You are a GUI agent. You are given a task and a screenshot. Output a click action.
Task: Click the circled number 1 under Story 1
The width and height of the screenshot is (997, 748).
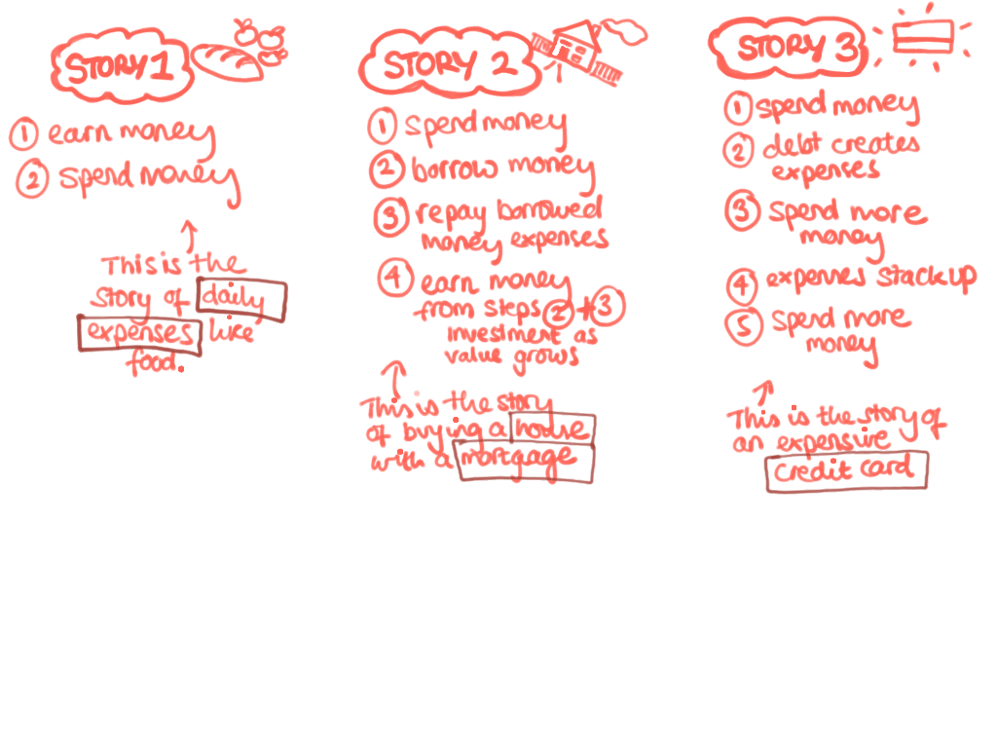pyautogui.click(x=23, y=134)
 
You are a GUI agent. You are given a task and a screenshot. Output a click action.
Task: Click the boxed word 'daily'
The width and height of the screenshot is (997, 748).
pyautogui.click(x=241, y=301)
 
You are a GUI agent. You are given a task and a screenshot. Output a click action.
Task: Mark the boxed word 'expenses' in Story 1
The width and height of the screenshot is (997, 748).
pyautogui.click(x=140, y=334)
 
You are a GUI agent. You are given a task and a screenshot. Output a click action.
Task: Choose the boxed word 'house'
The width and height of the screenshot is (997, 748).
pyautogui.click(x=553, y=429)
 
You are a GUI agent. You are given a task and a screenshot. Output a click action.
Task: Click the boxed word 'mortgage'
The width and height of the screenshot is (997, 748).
pyautogui.click(x=526, y=462)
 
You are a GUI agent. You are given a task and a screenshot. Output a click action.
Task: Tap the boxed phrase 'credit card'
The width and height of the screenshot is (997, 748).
pyautogui.click(x=847, y=471)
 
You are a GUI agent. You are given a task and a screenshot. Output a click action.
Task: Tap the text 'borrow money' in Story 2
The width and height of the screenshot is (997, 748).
pyautogui.click(x=501, y=168)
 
